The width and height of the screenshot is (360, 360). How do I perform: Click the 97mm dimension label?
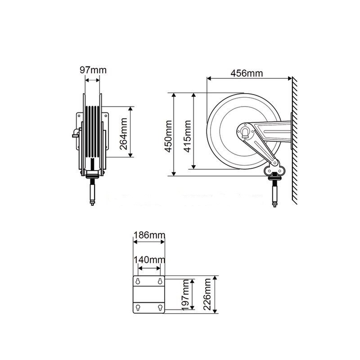(93, 71)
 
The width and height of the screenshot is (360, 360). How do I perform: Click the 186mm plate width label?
(149, 235)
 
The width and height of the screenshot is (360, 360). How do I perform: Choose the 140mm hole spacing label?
(149, 260)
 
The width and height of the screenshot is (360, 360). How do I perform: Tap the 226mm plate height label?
(207, 294)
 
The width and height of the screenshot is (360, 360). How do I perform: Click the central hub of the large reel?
(245, 131)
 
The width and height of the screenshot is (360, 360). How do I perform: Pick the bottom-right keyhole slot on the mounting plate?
(160, 308)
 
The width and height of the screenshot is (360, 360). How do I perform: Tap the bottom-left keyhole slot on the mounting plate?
(138, 308)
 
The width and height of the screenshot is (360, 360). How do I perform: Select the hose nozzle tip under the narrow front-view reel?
(92, 203)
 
